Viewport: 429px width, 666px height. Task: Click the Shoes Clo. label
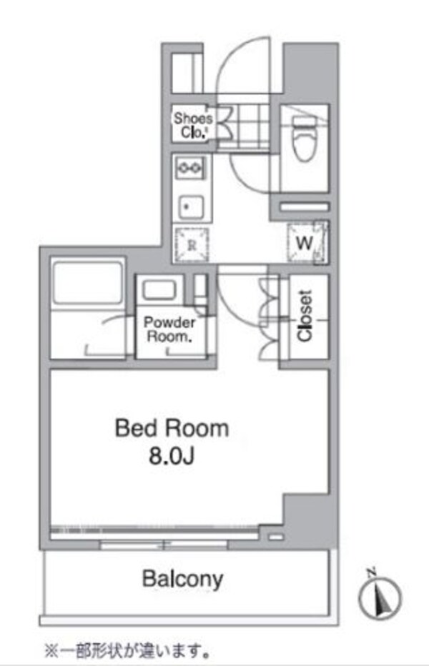(192, 126)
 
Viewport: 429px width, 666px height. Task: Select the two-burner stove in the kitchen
(190, 169)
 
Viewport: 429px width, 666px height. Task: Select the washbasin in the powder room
(158, 291)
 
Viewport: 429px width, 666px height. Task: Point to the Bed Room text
(172, 428)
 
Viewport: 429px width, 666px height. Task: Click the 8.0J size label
(172, 455)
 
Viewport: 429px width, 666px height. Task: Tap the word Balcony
(182, 578)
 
